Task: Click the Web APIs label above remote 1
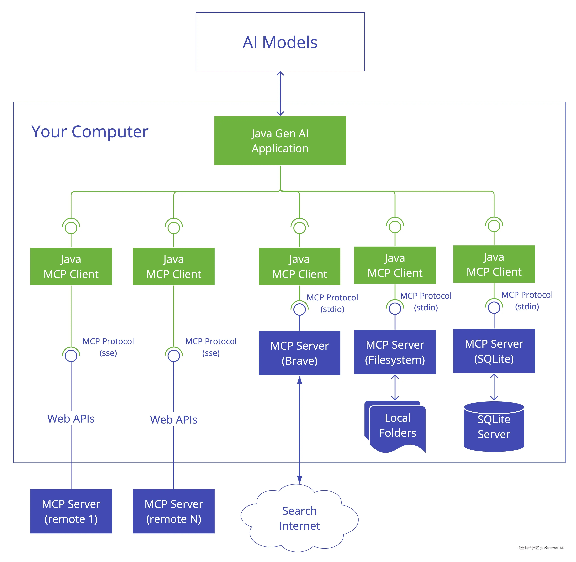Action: (71, 419)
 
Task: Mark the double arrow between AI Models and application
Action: (280, 93)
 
